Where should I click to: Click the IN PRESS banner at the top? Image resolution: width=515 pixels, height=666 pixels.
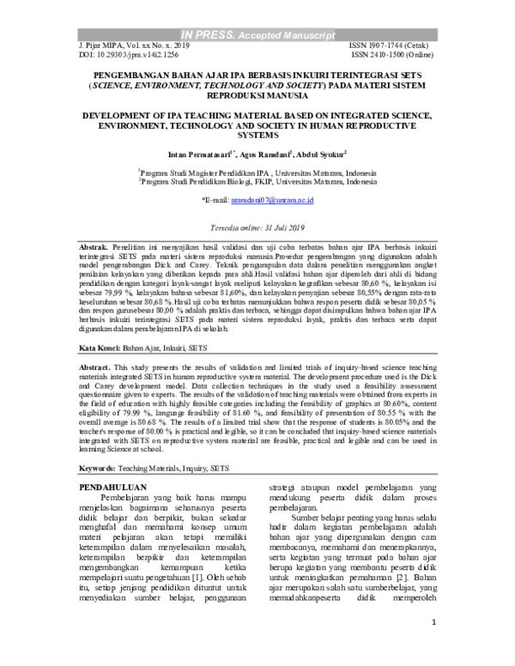257,36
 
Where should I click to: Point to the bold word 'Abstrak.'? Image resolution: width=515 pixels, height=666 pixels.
97,245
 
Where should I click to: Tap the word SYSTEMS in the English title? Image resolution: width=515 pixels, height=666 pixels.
257,136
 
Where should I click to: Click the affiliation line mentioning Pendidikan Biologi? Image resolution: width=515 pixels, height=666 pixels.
257,182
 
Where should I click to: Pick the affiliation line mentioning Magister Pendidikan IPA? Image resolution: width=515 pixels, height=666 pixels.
257,172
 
